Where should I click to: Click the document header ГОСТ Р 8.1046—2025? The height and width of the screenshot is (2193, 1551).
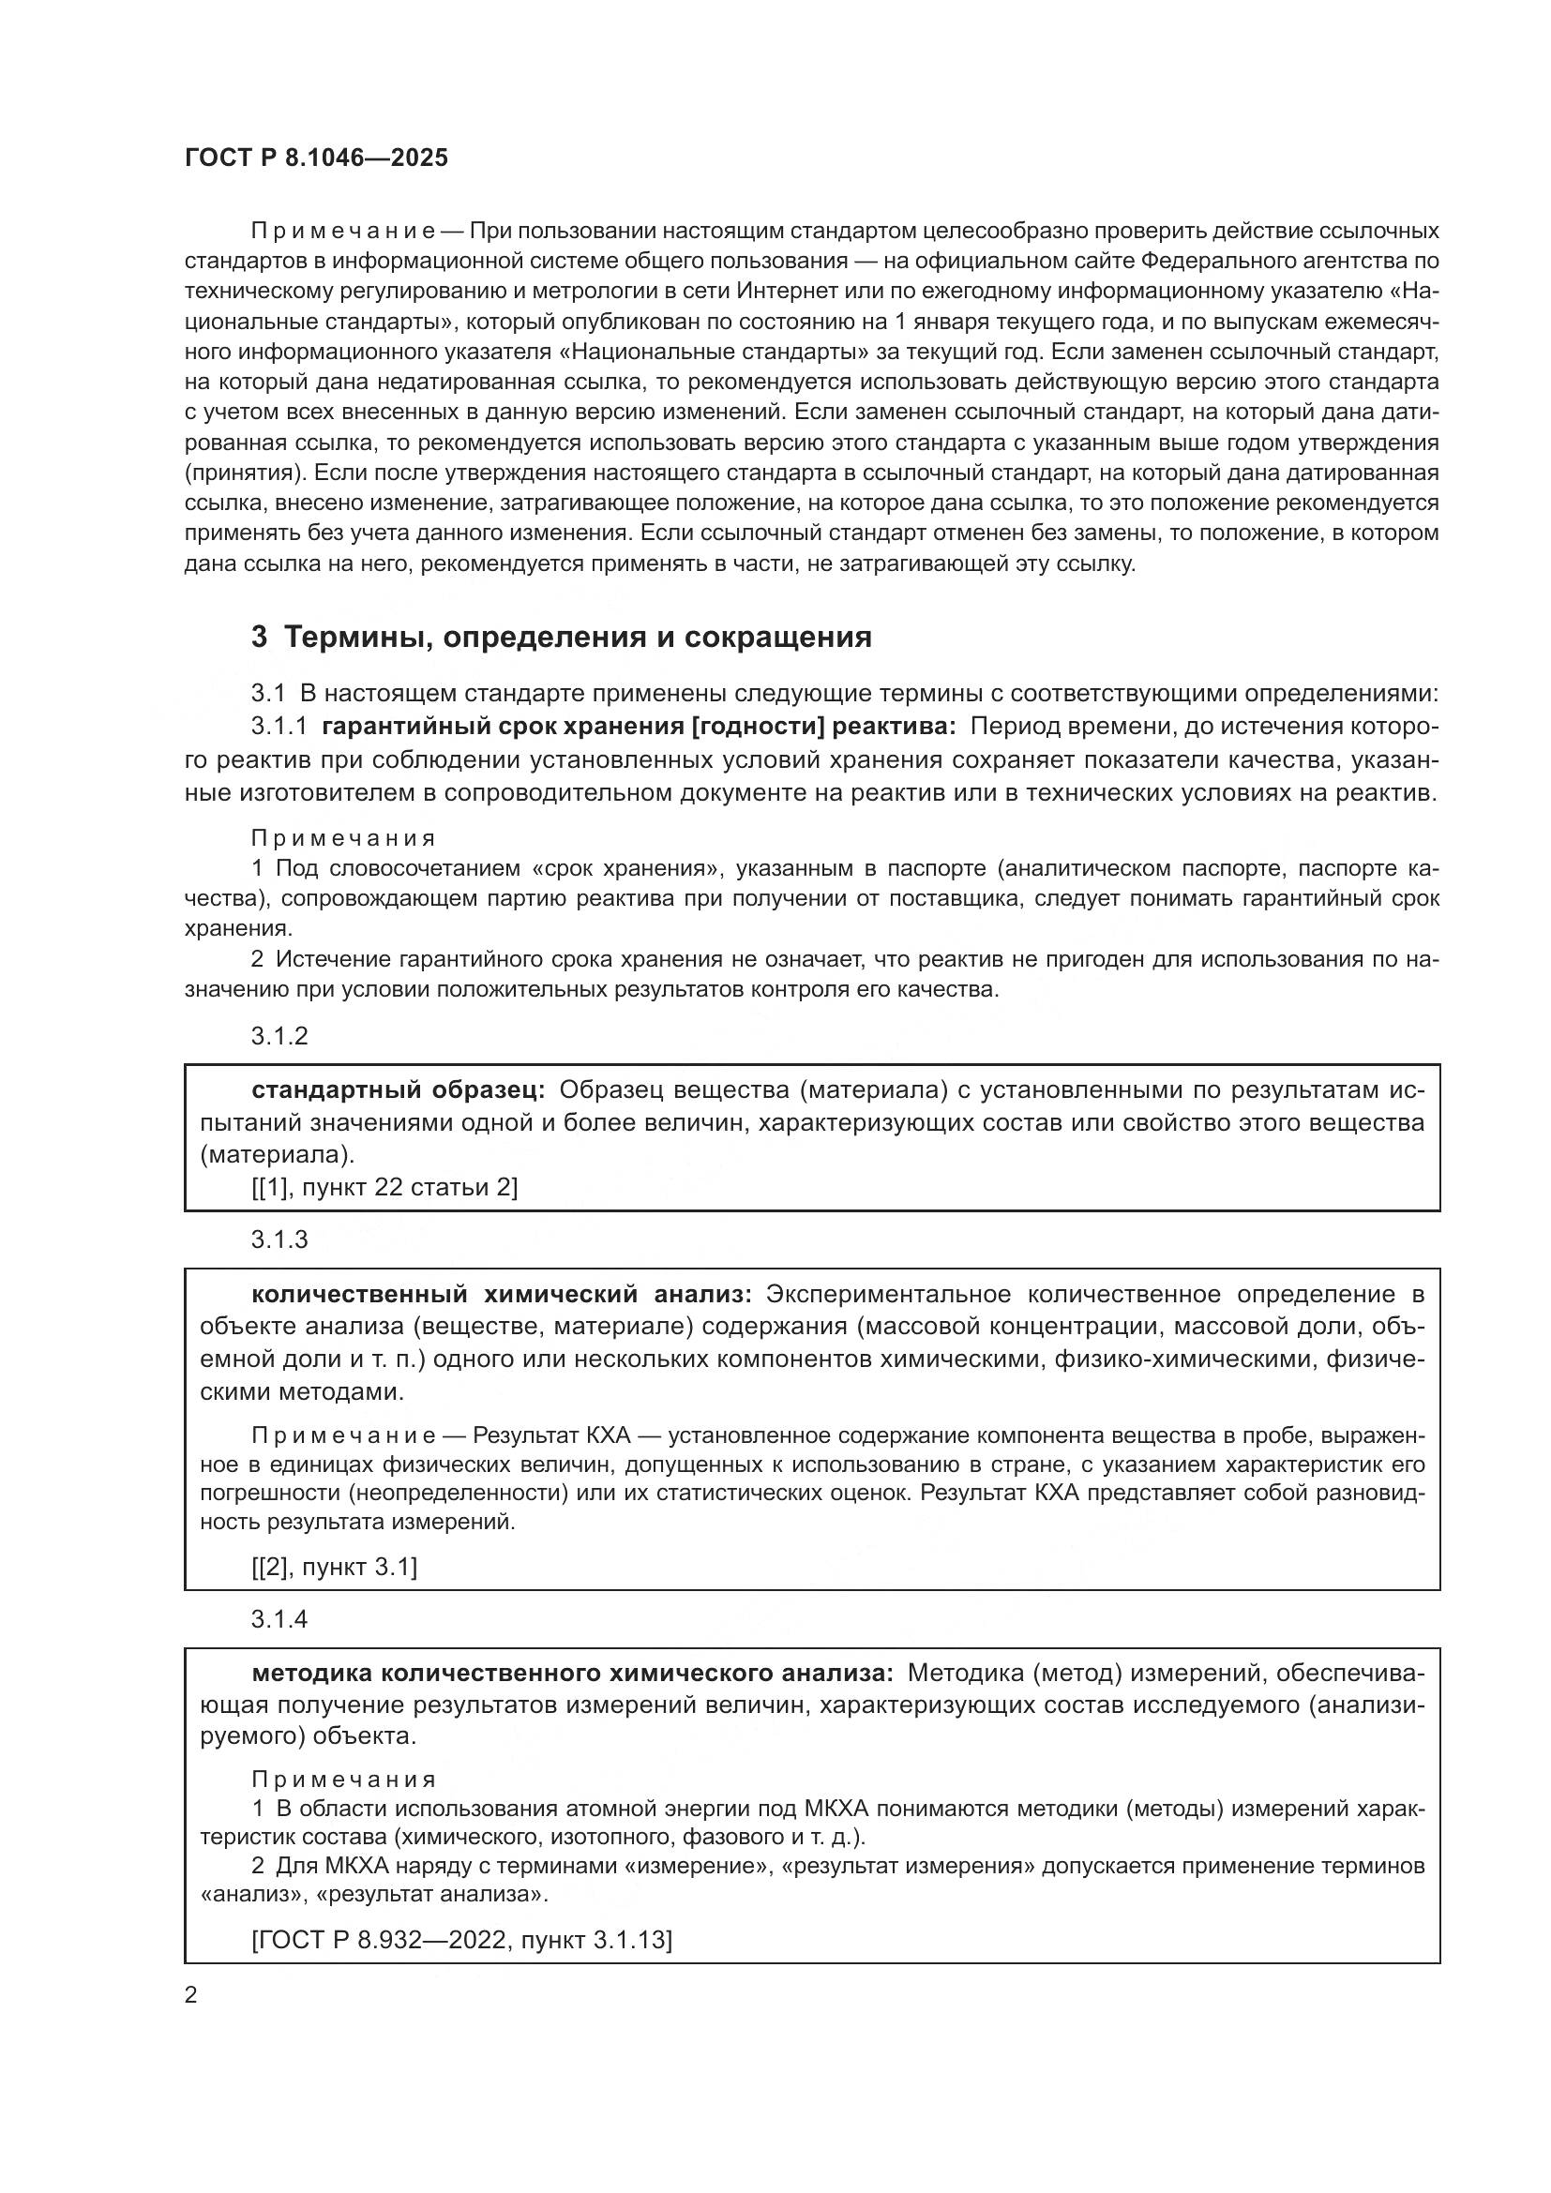pos(316,158)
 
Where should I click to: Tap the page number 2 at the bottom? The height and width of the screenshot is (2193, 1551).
pos(191,1995)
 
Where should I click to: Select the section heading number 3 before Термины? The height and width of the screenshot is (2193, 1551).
pos(259,637)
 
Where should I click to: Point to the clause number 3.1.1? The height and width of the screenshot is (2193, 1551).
pos(279,727)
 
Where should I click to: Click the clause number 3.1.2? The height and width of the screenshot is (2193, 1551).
pos(279,1036)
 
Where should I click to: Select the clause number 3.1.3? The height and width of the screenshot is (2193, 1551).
pos(279,1239)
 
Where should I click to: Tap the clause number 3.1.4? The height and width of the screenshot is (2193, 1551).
pos(279,1619)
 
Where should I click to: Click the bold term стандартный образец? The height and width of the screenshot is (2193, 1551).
pos(399,1090)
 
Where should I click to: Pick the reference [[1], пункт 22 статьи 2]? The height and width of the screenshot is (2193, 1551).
pos(384,1187)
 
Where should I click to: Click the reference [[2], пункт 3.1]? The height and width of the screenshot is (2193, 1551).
pos(334,1567)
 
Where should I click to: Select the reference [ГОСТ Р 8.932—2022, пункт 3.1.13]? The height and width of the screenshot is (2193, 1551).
pos(462,1940)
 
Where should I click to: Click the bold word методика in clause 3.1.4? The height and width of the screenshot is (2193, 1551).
pos(311,1674)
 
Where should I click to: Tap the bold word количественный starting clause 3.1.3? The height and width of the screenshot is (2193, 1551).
pos(359,1294)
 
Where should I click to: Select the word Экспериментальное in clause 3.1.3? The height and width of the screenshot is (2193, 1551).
pos(888,1294)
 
